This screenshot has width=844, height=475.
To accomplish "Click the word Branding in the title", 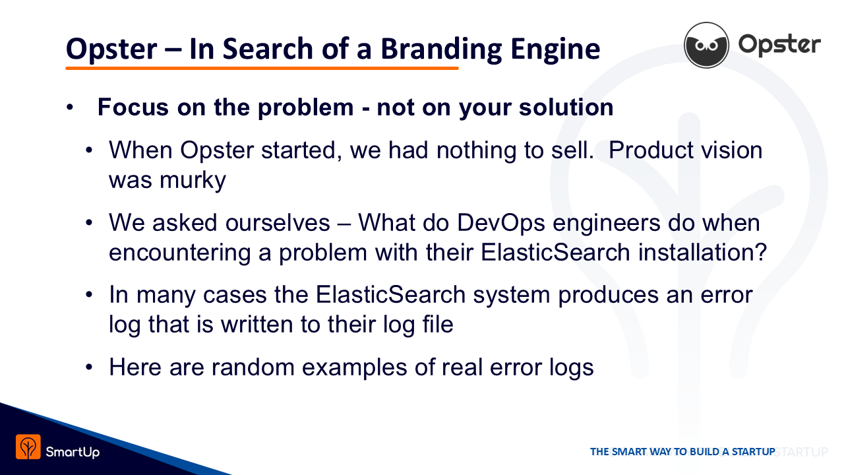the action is (441, 49).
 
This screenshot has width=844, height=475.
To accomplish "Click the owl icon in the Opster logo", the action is (706, 45).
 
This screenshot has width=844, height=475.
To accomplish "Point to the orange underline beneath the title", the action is (262, 68).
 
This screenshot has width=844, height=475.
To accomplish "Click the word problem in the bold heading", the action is (305, 108).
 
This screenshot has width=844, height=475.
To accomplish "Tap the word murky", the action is (193, 181).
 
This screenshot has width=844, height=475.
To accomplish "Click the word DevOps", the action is (500, 224).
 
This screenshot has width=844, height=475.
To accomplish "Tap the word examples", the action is (354, 368).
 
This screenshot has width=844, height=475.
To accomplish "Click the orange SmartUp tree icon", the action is (28, 447).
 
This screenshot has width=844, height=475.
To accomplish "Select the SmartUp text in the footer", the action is (73, 452).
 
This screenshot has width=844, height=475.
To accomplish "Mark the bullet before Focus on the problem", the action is (70, 108).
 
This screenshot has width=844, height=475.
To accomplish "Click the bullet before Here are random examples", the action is (89, 367).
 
